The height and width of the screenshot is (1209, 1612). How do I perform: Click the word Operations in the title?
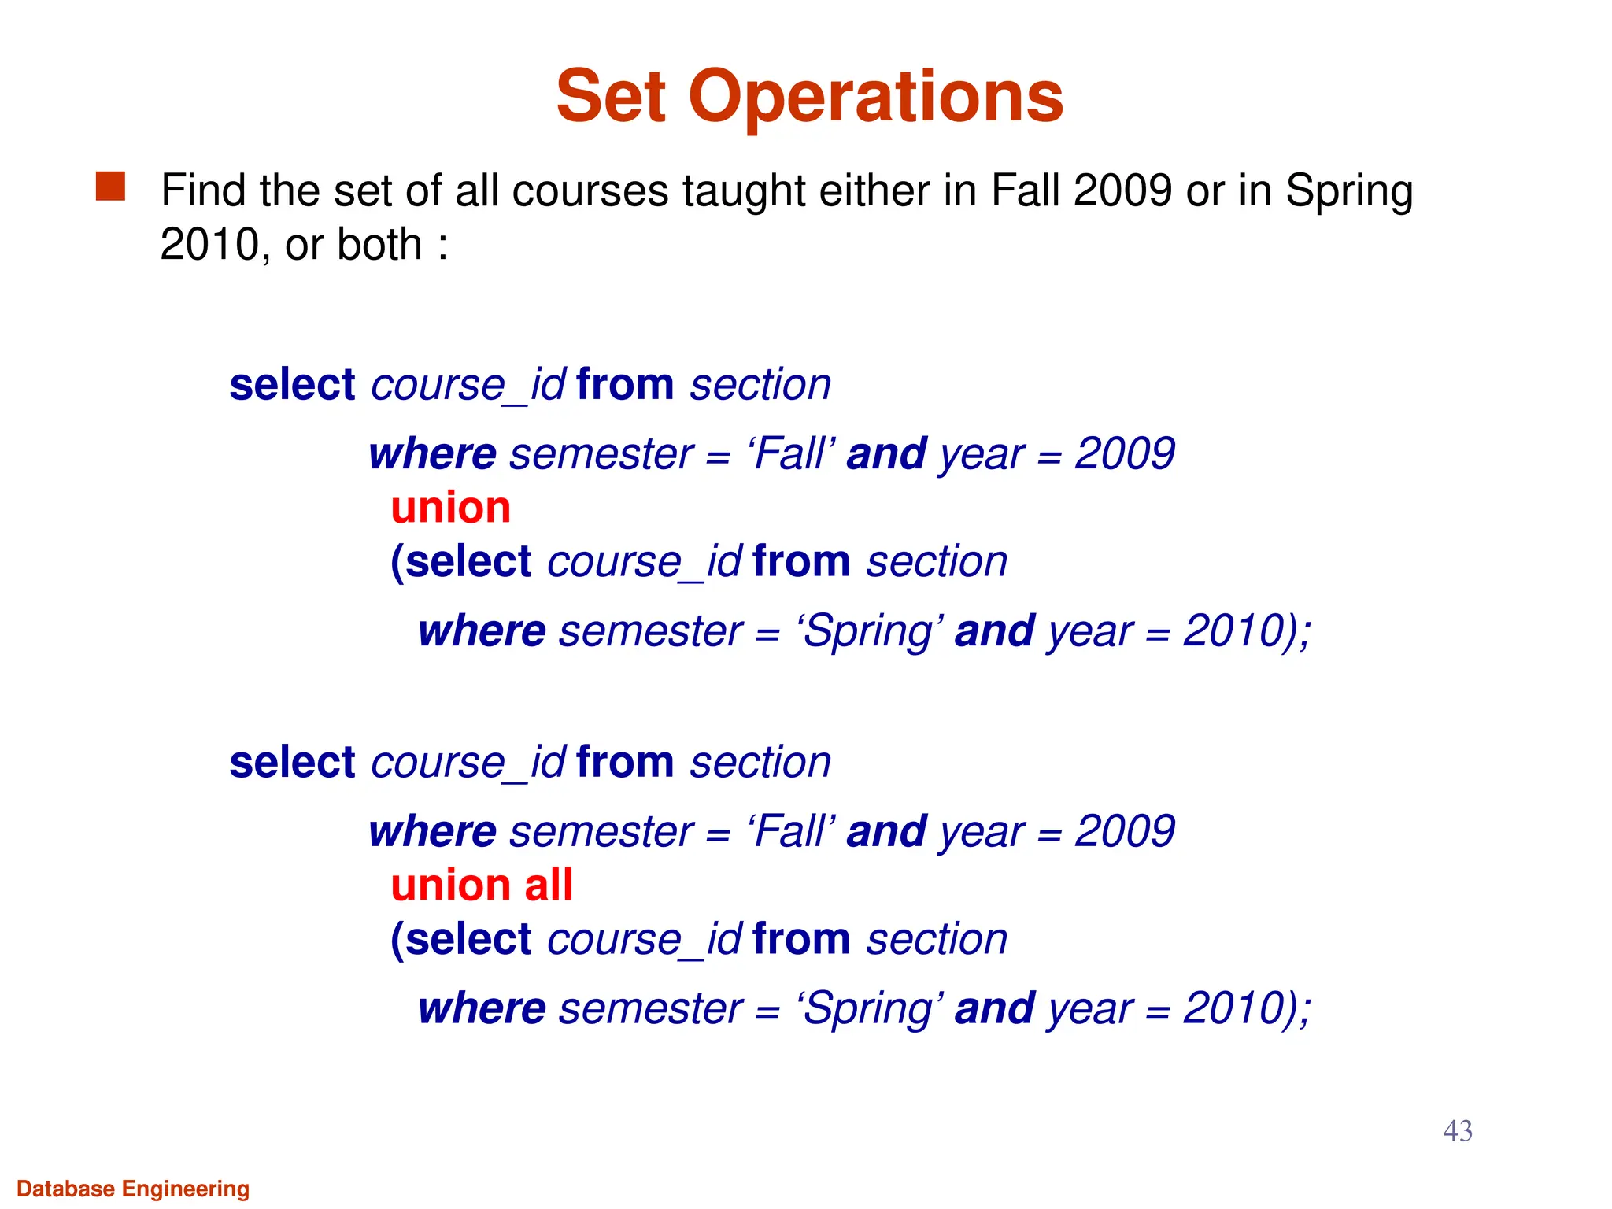875,98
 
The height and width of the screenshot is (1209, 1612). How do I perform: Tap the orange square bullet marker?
110,187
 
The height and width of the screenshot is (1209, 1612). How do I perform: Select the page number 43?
1457,1131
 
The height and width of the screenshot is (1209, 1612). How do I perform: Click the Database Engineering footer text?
133,1189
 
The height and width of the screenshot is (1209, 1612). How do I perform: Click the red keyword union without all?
450,508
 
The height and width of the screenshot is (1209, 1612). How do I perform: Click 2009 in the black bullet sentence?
1122,191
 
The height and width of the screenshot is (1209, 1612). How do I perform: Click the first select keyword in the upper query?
292,386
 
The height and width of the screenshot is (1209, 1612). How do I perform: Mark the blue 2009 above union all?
1125,832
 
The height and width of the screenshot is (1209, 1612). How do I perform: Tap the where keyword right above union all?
432,832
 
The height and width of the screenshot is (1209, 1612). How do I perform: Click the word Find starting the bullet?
204,191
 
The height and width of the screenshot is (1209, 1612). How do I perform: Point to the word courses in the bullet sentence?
590,191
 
